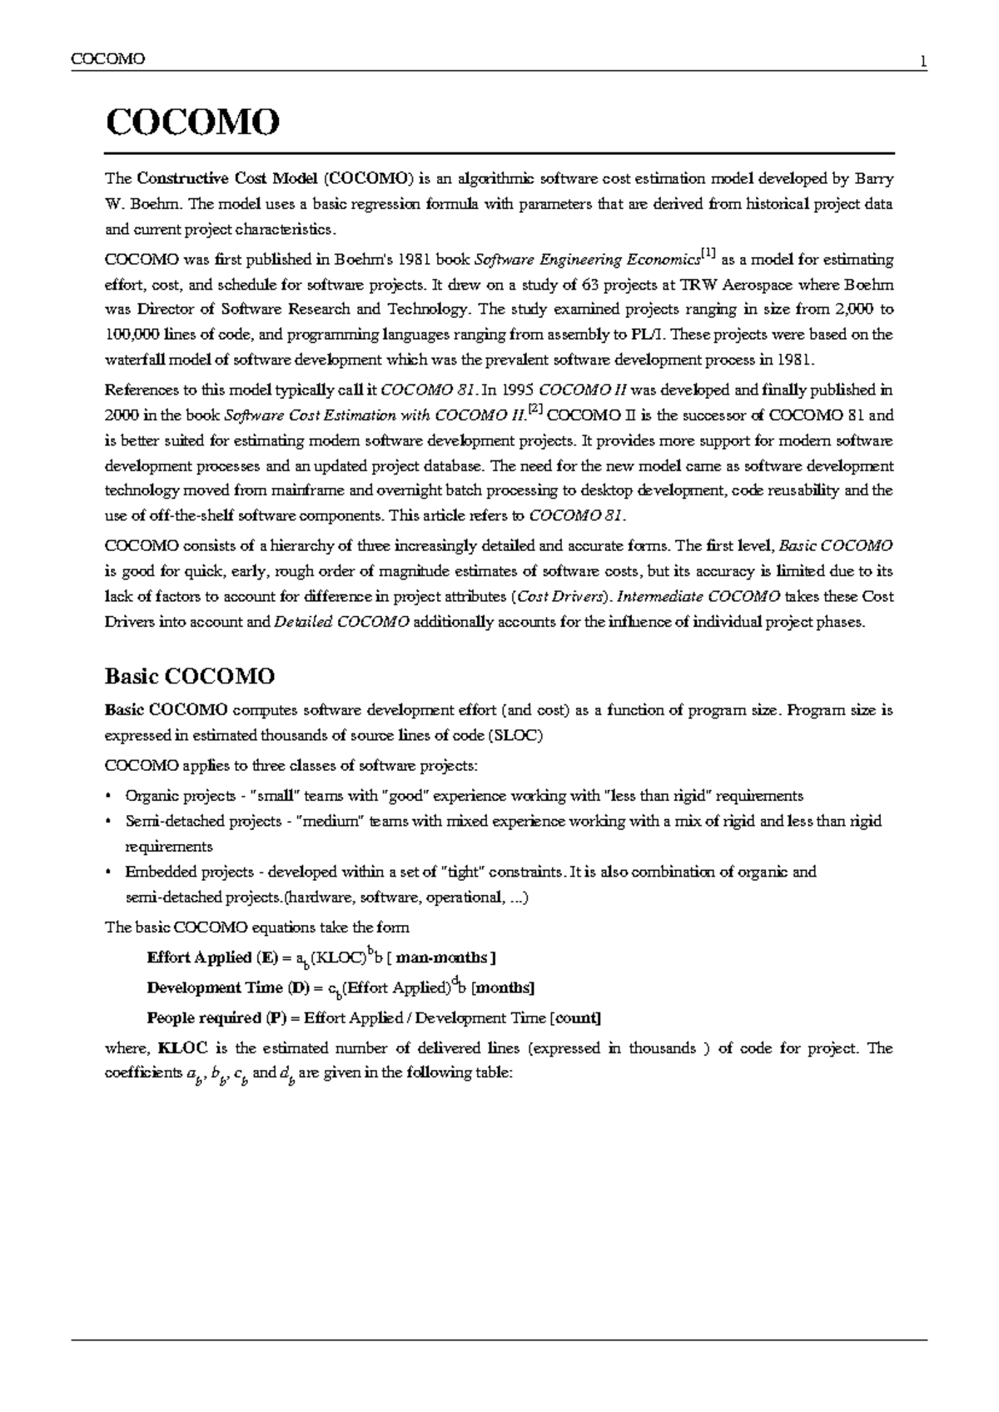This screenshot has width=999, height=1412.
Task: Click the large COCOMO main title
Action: click(x=191, y=123)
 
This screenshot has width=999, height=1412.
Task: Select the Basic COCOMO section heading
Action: click(x=189, y=675)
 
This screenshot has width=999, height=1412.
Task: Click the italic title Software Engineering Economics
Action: click(x=580, y=260)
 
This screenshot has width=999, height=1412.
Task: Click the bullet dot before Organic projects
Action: click(x=108, y=796)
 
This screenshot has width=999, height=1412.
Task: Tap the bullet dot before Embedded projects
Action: click(x=108, y=872)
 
